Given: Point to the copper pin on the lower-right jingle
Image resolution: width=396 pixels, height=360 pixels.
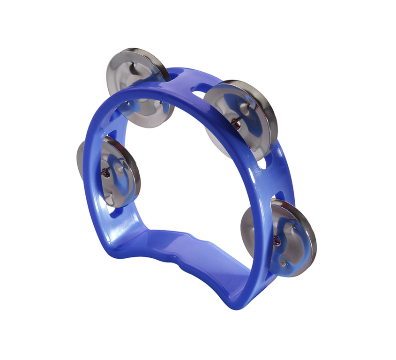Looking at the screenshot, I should (x=277, y=241).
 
